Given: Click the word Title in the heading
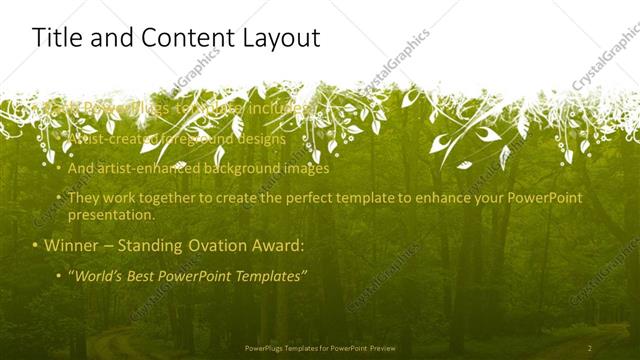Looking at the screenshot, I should (57, 39).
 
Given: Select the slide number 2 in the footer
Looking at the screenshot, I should (590, 348).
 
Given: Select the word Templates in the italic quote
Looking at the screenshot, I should (270, 274).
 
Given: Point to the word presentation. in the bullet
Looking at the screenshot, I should (111, 214).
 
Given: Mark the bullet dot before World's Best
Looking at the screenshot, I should (59, 274).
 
